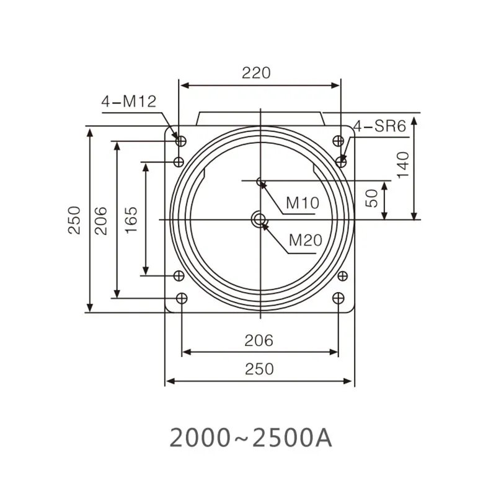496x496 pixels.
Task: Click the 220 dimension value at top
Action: point(256,73)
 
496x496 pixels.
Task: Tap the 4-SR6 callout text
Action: point(379,127)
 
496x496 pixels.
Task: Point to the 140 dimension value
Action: point(404,165)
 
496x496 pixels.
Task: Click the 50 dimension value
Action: point(371,198)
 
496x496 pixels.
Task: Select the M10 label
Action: point(302,203)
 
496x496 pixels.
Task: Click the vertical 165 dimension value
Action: point(131,219)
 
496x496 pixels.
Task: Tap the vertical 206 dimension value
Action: point(102,219)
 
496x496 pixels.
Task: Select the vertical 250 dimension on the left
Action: point(74,219)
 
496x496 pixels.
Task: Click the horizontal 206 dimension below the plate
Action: point(259,340)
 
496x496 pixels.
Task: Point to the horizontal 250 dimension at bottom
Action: point(259,369)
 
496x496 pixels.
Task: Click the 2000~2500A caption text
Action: point(251,438)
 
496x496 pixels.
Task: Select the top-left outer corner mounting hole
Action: point(181,140)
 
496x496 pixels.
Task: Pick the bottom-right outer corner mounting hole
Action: point(338,299)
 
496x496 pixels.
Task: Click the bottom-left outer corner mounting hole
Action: point(181,299)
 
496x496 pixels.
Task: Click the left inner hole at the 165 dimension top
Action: point(179,162)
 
